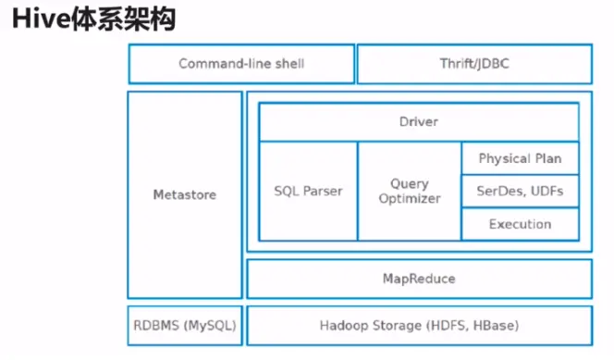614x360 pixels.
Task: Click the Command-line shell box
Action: coord(240,64)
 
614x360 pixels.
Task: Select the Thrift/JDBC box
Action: coord(473,64)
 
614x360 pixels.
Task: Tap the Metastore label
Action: coord(184,194)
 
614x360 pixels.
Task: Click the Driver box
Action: coord(418,122)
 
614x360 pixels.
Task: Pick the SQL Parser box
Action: coord(308,192)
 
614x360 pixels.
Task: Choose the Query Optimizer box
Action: coord(409,192)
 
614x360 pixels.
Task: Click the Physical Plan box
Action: coord(519,158)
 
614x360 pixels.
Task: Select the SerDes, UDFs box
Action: coord(519,192)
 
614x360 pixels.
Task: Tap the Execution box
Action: coord(519,224)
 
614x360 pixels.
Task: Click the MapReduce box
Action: coord(418,279)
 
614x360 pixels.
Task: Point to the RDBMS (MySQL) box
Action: coord(184,326)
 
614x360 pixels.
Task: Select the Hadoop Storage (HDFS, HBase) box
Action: coord(418,326)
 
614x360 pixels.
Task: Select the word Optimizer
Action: coord(409,199)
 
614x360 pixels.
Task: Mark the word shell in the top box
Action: coord(286,64)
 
